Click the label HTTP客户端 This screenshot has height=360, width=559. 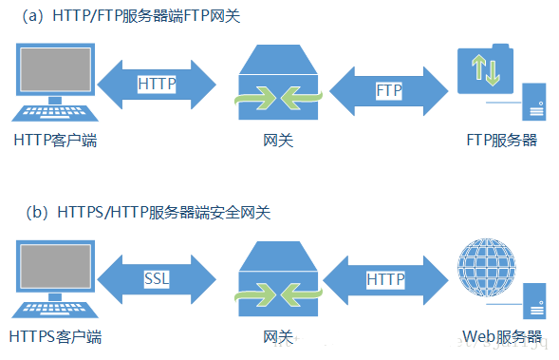point(56,141)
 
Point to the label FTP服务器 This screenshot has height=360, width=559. point(502,141)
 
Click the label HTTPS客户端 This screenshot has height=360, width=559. point(56,336)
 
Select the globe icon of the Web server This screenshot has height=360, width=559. point(485,272)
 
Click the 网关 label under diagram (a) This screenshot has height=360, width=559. point(276,141)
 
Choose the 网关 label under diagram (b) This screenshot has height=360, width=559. point(276,336)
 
